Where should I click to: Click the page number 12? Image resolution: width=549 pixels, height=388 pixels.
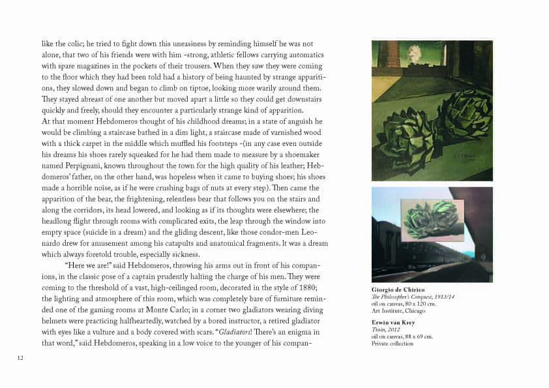click(x=20, y=356)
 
